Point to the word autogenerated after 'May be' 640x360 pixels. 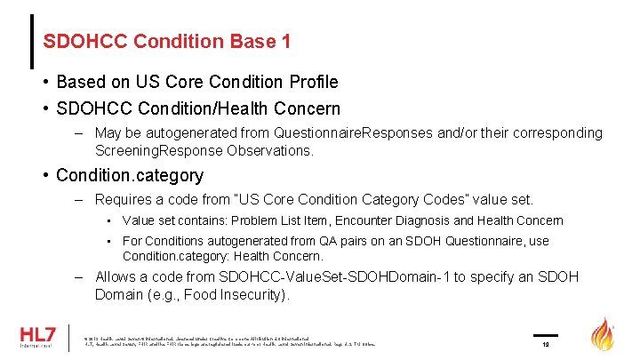[195, 133]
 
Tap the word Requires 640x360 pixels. [124, 200]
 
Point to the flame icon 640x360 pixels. [604, 335]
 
